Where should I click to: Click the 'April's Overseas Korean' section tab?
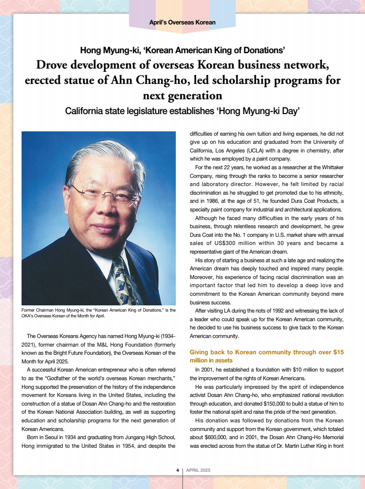[182, 22]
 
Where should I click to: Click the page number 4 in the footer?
[177, 470]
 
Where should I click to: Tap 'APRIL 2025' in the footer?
[198, 470]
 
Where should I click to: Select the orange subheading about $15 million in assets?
[267, 356]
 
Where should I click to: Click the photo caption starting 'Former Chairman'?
[98, 313]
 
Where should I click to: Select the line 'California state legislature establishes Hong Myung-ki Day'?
[182, 111]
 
